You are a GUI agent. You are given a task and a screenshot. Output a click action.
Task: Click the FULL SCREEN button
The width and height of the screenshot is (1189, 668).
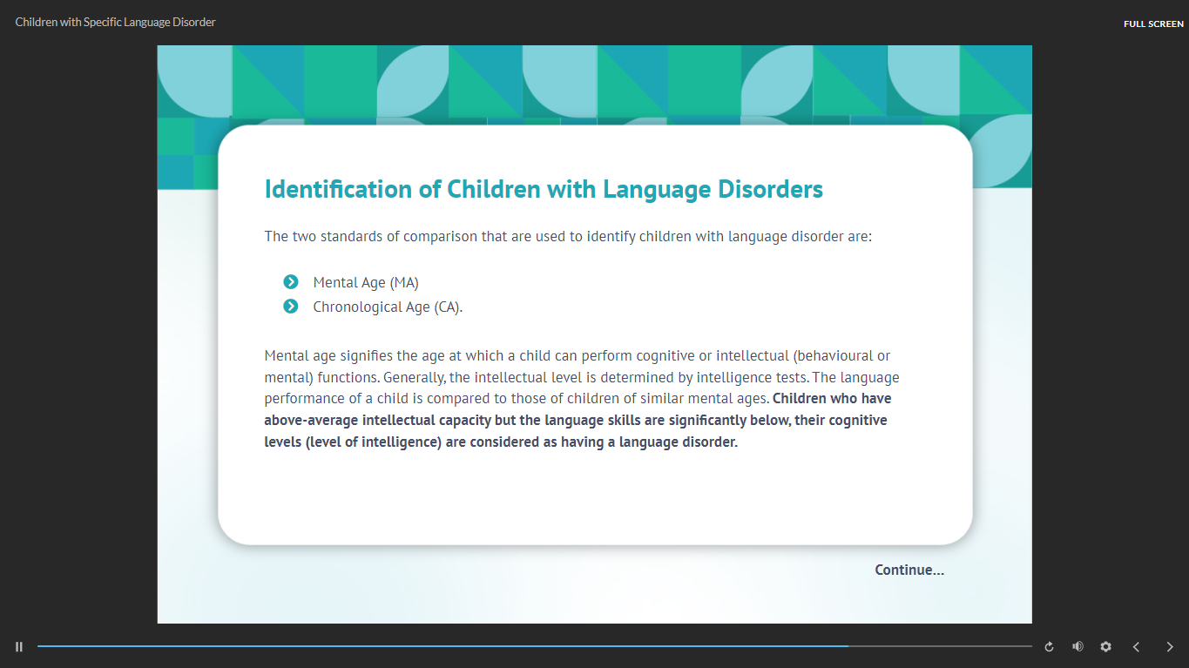pyautogui.click(x=1153, y=24)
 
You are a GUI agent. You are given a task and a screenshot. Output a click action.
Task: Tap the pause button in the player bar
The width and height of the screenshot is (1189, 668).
pyautogui.click(x=19, y=647)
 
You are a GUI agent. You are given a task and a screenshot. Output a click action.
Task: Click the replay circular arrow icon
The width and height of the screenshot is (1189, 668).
pyautogui.click(x=1049, y=647)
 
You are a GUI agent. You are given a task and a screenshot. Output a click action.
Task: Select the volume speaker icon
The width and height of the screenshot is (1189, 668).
pyautogui.click(x=1078, y=646)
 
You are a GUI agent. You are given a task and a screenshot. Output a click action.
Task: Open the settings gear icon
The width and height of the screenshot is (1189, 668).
pyautogui.click(x=1105, y=646)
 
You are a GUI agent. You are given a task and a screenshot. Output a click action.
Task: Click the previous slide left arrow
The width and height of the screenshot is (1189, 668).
pyautogui.click(x=1136, y=647)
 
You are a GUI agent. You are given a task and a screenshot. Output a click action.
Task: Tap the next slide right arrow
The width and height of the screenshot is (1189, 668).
pyautogui.click(x=1169, y=647)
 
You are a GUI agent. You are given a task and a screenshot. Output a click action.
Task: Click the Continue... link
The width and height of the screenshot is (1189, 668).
pyautogui.click(x=909, y=570)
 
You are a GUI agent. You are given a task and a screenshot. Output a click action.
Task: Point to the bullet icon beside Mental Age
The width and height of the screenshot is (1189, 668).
pyautogui.click(x=290, y=281)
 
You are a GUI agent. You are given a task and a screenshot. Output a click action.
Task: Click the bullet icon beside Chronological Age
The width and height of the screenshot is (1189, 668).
pyautogui.click(x=290, y=307)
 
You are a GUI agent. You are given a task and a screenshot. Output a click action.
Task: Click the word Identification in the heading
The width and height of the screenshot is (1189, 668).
pyautogui.click(x=338, y=189)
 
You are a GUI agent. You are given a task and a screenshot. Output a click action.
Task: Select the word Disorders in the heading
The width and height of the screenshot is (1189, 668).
pyautogui.click(x=770, y=189)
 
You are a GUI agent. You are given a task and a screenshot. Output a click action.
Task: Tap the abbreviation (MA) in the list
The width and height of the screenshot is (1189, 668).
pyautogui.click(x=404, y=283)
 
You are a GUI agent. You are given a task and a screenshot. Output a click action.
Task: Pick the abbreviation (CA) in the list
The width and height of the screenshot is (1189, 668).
pyautogui.click(x=448, y=307)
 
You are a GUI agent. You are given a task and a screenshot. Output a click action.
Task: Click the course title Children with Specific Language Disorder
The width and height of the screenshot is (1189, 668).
pyautogui.click(x=115, y=23)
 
